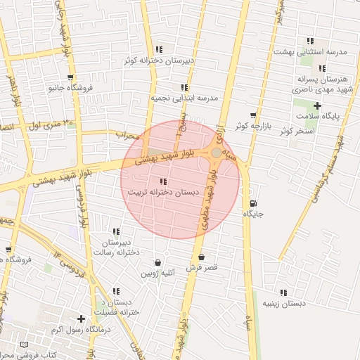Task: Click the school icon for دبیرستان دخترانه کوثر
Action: [160, 49]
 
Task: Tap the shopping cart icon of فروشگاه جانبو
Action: [70, 77]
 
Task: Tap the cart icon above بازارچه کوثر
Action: [253, 115]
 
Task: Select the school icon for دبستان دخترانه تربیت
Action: [164, 181]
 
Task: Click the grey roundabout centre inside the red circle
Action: [217, 152]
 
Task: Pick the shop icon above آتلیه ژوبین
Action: [157, 263]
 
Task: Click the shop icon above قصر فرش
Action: [202, 257]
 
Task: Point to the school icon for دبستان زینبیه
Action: [283, 292]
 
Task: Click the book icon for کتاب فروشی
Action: [25, 345]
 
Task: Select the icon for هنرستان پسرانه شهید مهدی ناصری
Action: [322, 68]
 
